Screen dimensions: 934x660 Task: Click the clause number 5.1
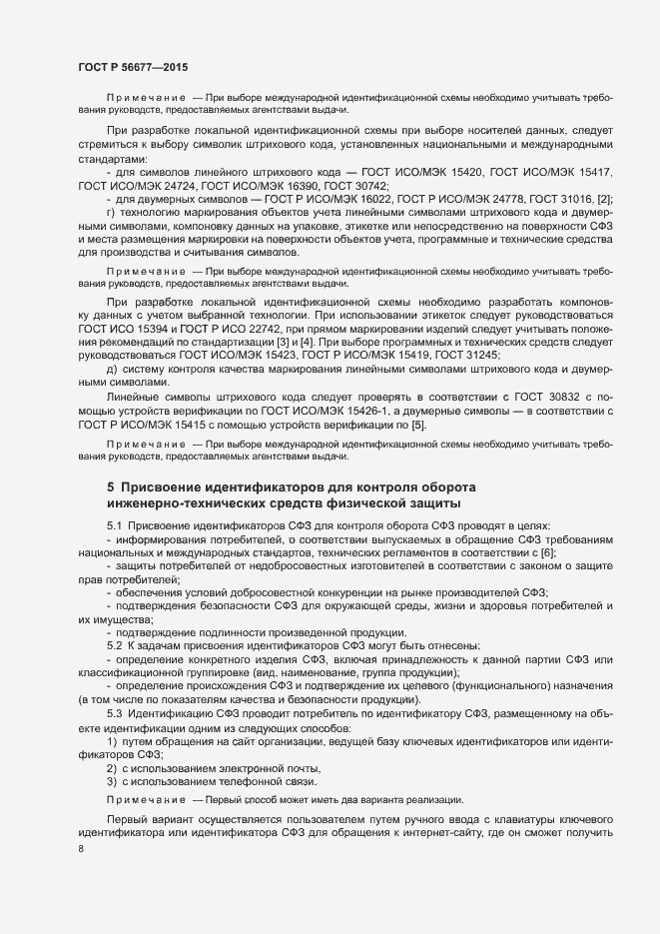[x=114, y=526]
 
